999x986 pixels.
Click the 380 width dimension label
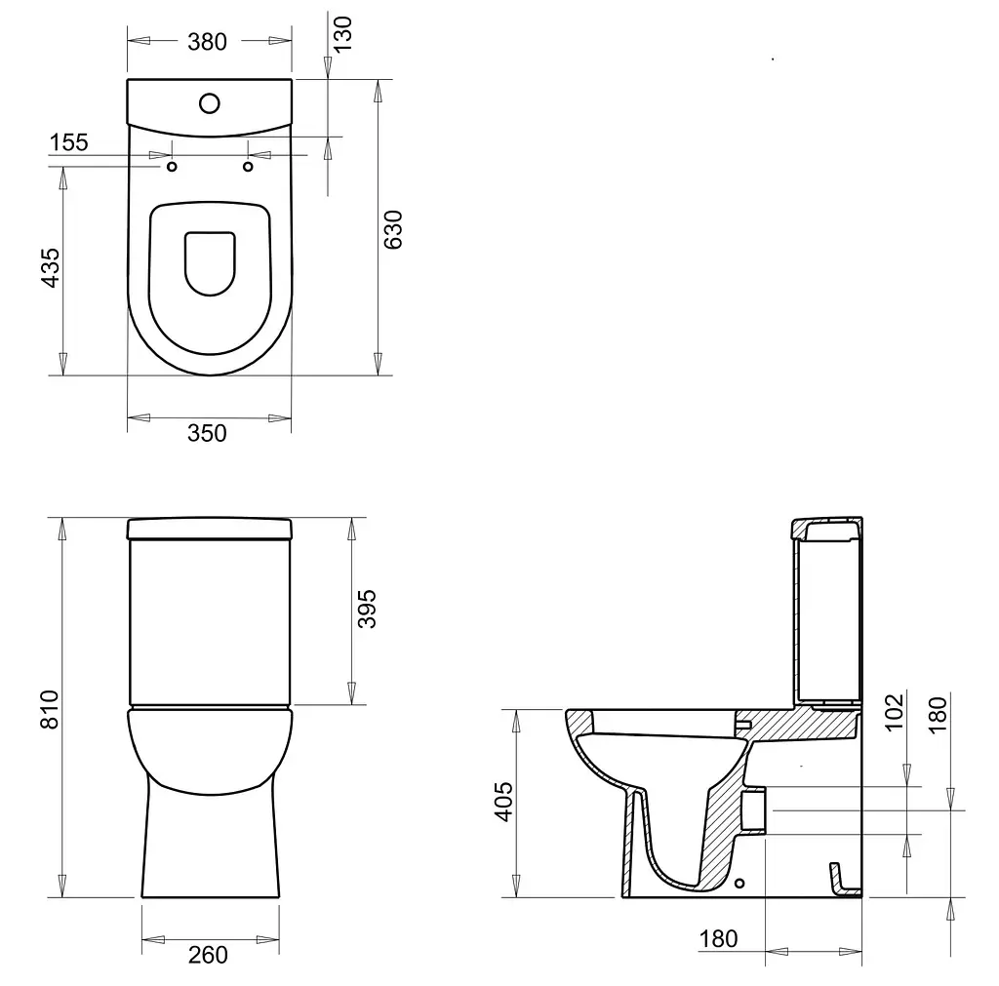[x=207, y=42]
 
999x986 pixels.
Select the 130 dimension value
[x=342, y=34]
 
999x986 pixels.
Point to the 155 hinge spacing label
[x=69, y=142]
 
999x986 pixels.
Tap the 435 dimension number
[x=51, y=267]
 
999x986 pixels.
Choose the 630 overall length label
[x=393, y=229]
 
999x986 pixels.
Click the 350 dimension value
[x=207, y=433]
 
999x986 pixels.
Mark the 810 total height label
[x=50, y=709]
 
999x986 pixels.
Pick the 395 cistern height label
[x=367, y=609]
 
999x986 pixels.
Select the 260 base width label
[x=209, y=955]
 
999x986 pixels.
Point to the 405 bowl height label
[x=503, y=802]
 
